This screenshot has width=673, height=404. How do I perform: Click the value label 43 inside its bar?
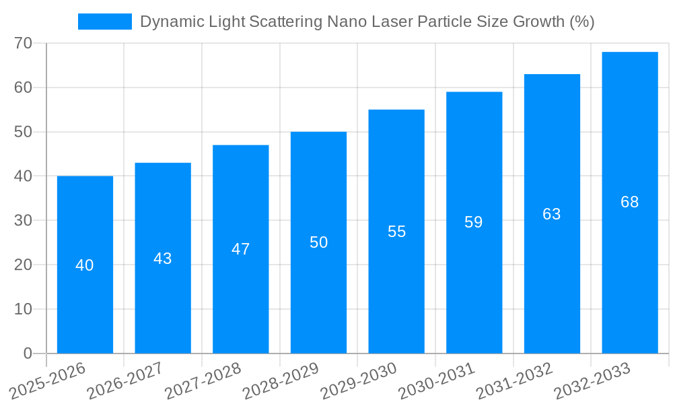(163, 259)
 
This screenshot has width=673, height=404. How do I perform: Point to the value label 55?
(396, 232)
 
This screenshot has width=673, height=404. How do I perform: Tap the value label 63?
(552, 214)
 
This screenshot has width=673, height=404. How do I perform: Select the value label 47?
(240, 249)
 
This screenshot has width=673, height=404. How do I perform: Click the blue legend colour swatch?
(104, 22)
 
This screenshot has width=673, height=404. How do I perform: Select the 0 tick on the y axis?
(28, 353)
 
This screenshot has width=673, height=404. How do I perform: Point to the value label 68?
(629, 202)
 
